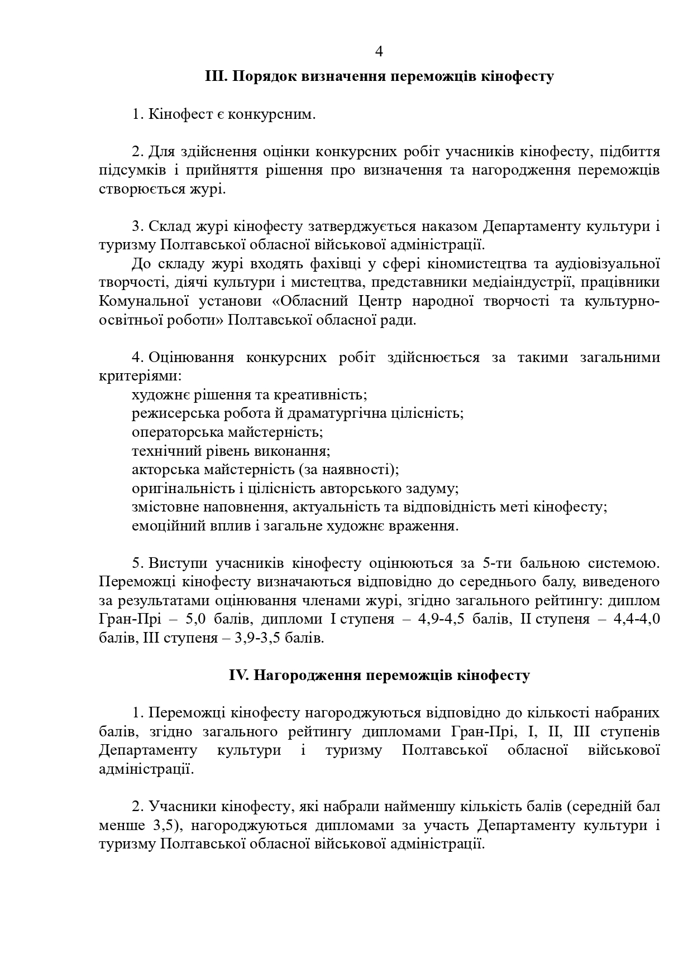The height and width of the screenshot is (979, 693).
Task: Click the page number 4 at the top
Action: click(379, 52)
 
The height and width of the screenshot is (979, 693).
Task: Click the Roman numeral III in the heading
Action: click(214, 76)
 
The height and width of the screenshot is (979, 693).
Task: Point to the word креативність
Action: click(319, 395)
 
